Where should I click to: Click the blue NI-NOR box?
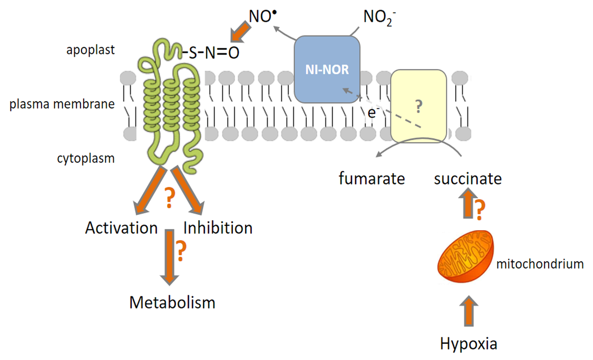(x=327, y=70)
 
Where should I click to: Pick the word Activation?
(x=122, y=228)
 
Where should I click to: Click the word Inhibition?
(x=217, y=228)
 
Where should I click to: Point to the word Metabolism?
(x=172, y=302)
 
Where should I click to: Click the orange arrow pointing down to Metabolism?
(x=170, y=256)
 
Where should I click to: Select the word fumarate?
(x=372, y=178)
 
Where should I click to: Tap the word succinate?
(x=468, y=178)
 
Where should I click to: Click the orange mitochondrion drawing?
(x=467, y=257)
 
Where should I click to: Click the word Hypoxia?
(x=468, y=343)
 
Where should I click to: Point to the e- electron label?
(x=373, y=113)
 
